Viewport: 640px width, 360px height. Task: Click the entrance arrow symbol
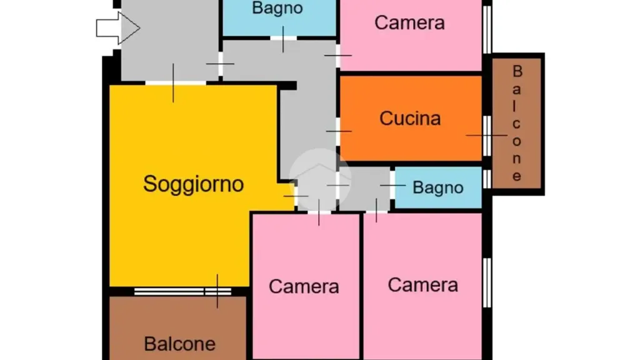(118, 28)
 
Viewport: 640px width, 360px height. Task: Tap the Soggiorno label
(194, 184)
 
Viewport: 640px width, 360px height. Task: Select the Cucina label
(410, 118)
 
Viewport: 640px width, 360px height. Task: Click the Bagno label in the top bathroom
(277, 8)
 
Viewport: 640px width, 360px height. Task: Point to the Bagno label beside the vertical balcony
(438, 187)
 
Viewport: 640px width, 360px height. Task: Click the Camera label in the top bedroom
(409, 22)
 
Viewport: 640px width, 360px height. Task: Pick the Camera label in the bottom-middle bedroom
(304, 286)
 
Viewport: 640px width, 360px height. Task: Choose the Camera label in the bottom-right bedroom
(423, 285)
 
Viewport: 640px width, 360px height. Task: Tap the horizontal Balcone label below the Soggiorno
(179, 344)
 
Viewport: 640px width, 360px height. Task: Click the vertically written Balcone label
(517, 123)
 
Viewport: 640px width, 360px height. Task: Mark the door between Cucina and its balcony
(486, 136)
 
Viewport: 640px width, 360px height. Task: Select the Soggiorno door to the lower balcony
(217, 291)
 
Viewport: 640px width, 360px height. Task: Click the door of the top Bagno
(283, 38)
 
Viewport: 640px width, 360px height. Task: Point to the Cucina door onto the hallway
(338, 131)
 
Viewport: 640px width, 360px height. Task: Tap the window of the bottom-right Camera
(487, 282)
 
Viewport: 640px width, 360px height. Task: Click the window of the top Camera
(487, 29)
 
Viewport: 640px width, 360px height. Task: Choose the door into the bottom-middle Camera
(319, 212)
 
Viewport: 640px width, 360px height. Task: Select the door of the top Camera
(338, 56)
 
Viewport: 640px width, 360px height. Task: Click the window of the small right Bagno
(487, 179)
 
